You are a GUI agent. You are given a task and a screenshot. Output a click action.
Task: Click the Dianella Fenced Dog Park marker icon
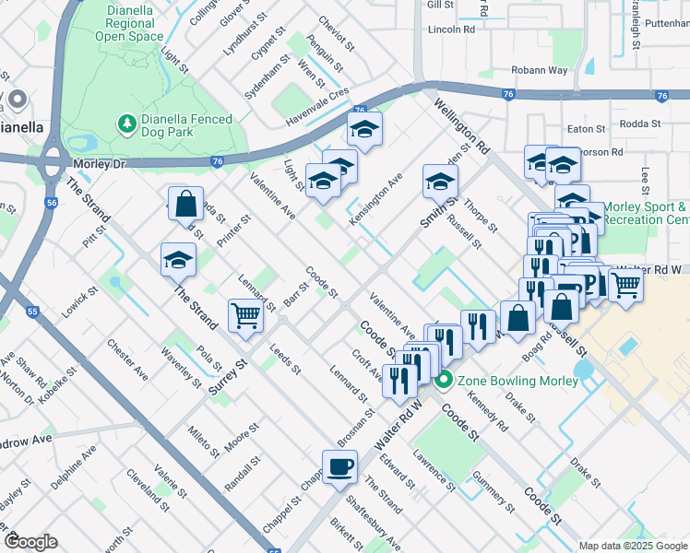click(126, 123)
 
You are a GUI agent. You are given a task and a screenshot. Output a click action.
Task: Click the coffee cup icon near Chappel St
click(339, 466)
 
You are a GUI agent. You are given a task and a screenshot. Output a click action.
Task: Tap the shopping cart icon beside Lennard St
click(246, 315)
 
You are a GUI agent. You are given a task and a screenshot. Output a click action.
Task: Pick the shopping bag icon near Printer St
click(185, 203)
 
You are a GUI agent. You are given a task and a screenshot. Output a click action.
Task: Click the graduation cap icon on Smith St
click(440, 181)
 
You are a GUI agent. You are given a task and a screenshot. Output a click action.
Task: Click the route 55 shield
click(33, 312)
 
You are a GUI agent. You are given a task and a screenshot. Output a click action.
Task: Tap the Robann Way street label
click(541, 70)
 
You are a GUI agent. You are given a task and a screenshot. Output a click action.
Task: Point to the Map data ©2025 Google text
click(632, 545)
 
